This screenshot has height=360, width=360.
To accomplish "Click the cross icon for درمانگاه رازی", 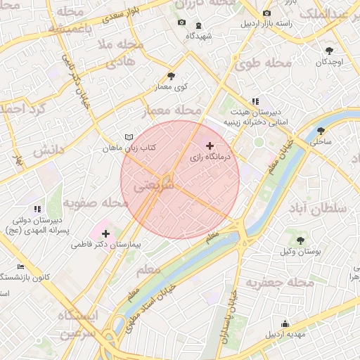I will point(210,146).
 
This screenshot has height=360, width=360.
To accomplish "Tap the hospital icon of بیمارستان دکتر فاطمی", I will point(105,233).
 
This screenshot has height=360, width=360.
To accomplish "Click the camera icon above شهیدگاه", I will point(182,22).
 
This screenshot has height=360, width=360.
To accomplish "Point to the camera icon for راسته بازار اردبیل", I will point(266,13).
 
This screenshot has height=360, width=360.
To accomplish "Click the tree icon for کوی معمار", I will point(171,76).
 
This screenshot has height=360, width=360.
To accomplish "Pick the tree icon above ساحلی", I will point(321,130).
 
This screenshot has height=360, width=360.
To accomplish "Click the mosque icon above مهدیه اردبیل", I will point(285,323).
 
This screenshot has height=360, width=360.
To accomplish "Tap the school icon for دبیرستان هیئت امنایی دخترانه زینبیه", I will point(255,101).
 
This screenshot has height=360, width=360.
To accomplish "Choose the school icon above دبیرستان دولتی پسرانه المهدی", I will point(37,209).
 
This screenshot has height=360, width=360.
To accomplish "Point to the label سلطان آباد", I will point(318,209).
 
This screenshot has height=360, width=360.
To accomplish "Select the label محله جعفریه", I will point(279,282).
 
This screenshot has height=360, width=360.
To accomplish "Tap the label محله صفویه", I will point(96,203).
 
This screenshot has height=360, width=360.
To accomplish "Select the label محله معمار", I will point(172,111).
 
